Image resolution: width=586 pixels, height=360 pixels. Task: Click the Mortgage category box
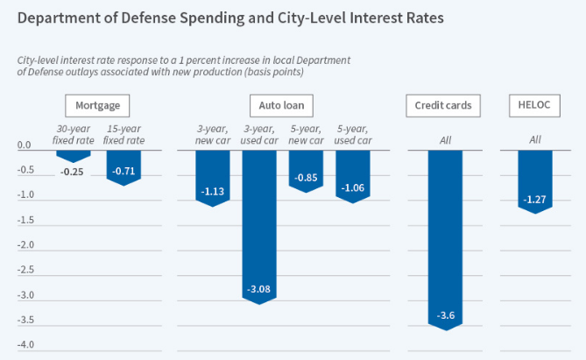pyautogui.click(x=97, y=106)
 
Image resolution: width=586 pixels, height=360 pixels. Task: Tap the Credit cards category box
pyautogui.click(x=442, y=106)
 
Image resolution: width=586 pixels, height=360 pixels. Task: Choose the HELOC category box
pyautogui.click(x=533, y=106)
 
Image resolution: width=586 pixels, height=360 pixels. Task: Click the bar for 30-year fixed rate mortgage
pyautogui.click(x=73, y=155)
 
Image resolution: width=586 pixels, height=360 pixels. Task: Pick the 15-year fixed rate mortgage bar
pyautogui.click(x=123, y=166)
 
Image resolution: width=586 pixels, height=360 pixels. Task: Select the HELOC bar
pyautogui.click(x=534, y=180)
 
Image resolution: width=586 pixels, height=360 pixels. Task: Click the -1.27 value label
pyautogui.click(x=534, y=200)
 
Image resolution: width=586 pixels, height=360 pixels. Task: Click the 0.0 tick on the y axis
pyautogui.click(x=25, y=145)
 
